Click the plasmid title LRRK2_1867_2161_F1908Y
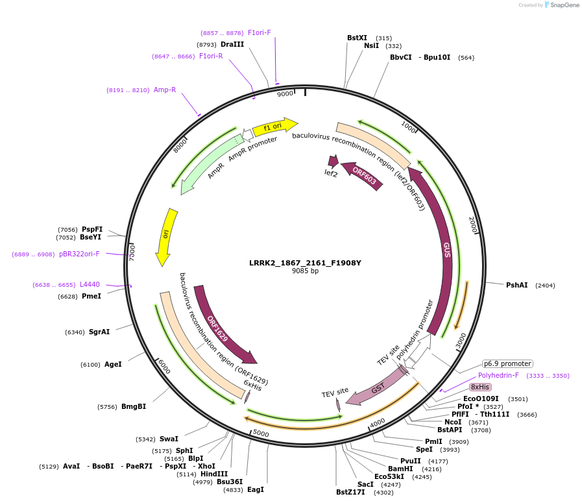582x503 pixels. pos(305,263)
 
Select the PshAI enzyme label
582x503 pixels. pos(516,285)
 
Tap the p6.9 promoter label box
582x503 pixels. pos(507,363)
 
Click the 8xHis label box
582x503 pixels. pos(481,387)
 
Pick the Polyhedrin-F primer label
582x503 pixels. pos(498,375)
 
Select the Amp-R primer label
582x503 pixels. pos(165,90)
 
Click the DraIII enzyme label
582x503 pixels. pos(232,44)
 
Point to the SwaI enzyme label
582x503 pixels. pos(169,439)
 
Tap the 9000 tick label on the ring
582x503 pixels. pos(285,94)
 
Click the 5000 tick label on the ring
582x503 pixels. pos(260,432)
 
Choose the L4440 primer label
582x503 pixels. pos(90,284)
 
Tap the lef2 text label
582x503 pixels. pos(331,173)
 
